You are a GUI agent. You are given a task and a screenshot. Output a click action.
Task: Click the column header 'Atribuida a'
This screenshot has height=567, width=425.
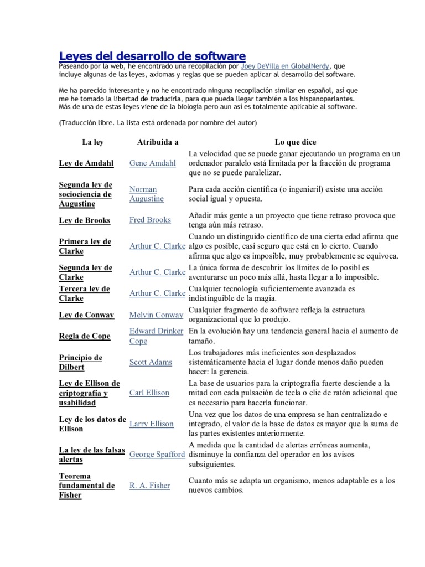157,142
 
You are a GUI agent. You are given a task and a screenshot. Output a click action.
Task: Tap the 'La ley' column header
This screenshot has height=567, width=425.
92,142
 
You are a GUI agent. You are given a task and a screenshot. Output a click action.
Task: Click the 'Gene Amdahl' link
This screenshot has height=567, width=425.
152,163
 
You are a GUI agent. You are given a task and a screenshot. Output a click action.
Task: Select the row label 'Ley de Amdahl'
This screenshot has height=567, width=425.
86,163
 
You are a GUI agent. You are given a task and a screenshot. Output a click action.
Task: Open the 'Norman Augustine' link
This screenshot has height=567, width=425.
147,194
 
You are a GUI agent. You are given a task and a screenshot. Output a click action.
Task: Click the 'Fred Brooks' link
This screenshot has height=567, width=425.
150,220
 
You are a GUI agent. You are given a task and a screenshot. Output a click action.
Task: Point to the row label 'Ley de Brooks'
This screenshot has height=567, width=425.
85,220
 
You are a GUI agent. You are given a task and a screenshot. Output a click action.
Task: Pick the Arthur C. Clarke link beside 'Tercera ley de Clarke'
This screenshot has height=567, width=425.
157,293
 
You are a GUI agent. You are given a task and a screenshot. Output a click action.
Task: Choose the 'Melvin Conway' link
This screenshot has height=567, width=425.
156,315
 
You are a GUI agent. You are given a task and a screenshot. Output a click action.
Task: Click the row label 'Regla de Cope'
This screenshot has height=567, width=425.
85,336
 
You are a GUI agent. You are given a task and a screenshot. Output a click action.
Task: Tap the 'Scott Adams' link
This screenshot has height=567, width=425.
150,362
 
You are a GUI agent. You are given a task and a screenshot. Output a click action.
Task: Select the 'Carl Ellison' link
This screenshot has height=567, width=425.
149,393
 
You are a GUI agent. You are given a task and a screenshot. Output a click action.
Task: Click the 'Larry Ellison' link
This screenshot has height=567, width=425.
151,424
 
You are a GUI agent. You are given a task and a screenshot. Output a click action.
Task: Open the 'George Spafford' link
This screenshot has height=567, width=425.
157,455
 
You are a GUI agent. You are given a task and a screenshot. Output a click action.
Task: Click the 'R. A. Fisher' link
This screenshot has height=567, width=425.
149,486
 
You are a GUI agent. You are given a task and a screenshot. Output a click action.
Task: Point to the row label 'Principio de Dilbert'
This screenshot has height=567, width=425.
81,362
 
